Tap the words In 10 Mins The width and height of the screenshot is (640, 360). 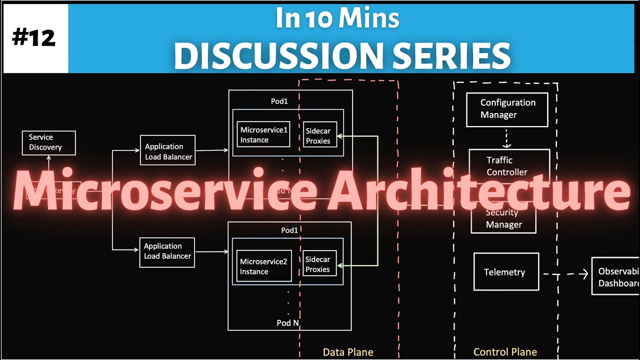point(337,18)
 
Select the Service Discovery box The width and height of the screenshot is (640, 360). point(48,142)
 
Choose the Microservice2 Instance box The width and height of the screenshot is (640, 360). point(263,266)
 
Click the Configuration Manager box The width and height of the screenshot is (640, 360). point(506,109)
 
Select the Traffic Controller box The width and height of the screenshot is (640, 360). point(508,162)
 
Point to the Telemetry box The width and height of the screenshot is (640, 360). point(505,272)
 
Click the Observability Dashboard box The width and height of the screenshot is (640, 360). point(615,276)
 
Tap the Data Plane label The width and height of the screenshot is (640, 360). point(348,352)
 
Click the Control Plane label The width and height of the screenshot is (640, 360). point(505,352)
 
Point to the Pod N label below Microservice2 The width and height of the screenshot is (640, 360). point(288,323)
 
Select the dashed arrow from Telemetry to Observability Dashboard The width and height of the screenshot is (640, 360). point(565,274)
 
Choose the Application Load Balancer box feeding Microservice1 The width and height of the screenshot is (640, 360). point(167,151)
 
